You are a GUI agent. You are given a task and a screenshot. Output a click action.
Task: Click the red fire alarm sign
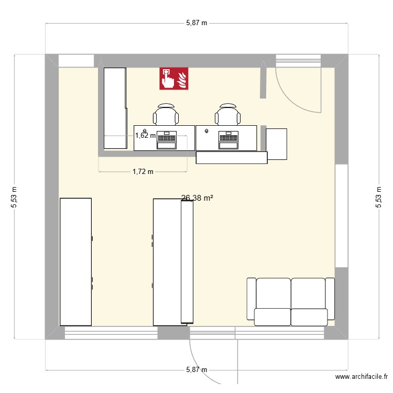(x=174, y=79)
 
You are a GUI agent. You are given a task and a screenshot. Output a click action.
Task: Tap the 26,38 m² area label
(x=196, y=198)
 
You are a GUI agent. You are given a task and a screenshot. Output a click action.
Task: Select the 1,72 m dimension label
(x=143, y=171)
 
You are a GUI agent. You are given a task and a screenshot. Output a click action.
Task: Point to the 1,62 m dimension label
(x=145, y=135)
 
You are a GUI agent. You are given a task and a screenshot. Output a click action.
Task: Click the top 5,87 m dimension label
(x=196, y=23)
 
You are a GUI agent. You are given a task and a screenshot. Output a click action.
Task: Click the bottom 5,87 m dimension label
(x=196, y=369)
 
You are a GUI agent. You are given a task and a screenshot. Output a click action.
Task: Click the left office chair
(x=166, y=114)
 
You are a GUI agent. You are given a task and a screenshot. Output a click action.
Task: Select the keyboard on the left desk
(x=166, y=138)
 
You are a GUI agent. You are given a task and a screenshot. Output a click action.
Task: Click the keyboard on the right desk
(x=228, y=138)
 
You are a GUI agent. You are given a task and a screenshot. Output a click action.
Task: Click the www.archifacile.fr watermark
(x=362, y=377)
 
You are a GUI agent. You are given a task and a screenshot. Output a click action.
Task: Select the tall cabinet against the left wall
(x=75, y=261)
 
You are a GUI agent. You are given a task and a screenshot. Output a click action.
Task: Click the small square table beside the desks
(x=277, y=143)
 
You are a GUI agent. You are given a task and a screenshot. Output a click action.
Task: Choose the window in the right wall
(x=342, y=215)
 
